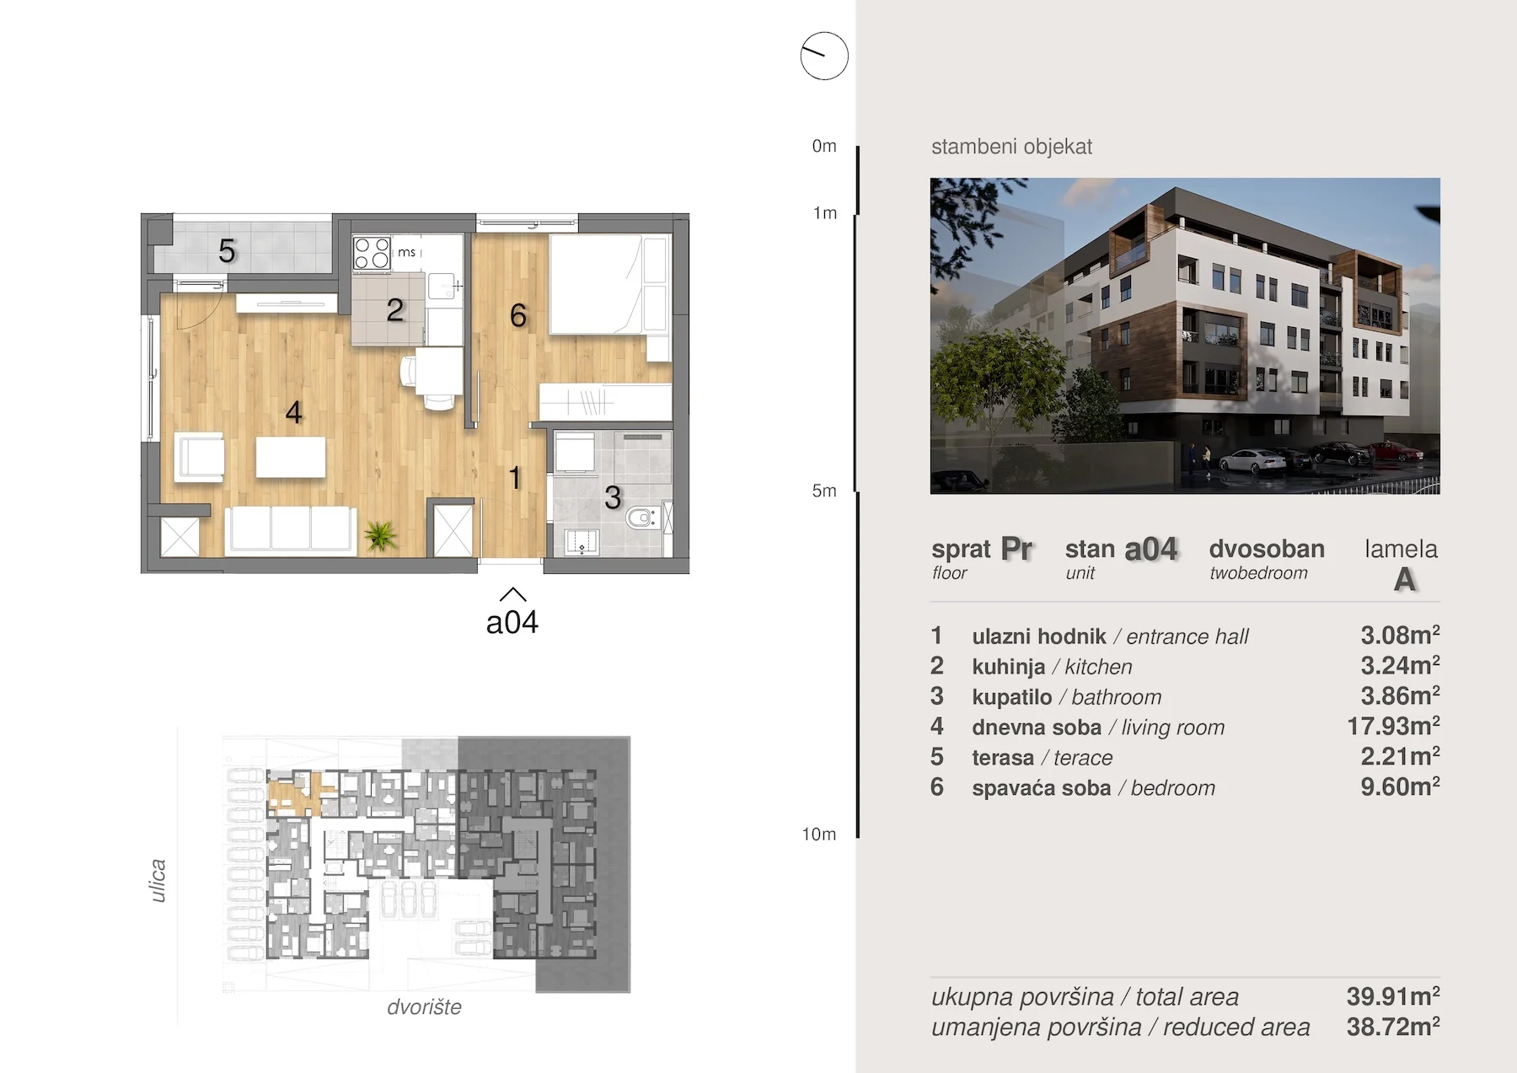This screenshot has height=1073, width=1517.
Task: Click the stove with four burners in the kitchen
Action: (372, 253)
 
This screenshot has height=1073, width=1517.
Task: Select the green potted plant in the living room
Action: (380, 535)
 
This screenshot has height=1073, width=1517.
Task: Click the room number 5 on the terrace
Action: (227, 251)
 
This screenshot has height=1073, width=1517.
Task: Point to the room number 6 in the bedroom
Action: (518, 316)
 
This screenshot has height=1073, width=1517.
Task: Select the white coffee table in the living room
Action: (291, 457)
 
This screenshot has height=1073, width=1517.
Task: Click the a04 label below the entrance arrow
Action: (512, 623)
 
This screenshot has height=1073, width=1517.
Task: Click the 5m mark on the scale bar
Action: (824, 491)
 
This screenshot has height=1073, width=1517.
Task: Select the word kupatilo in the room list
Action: (1011, 697)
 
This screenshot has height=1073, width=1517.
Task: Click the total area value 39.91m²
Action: (1393, 995)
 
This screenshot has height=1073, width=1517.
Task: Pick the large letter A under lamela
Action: (1404, 580)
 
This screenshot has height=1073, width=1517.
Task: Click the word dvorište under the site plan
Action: (424, 1007)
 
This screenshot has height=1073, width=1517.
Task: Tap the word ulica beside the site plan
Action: (158, 881)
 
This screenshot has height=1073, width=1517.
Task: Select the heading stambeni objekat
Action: (1011, 147)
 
